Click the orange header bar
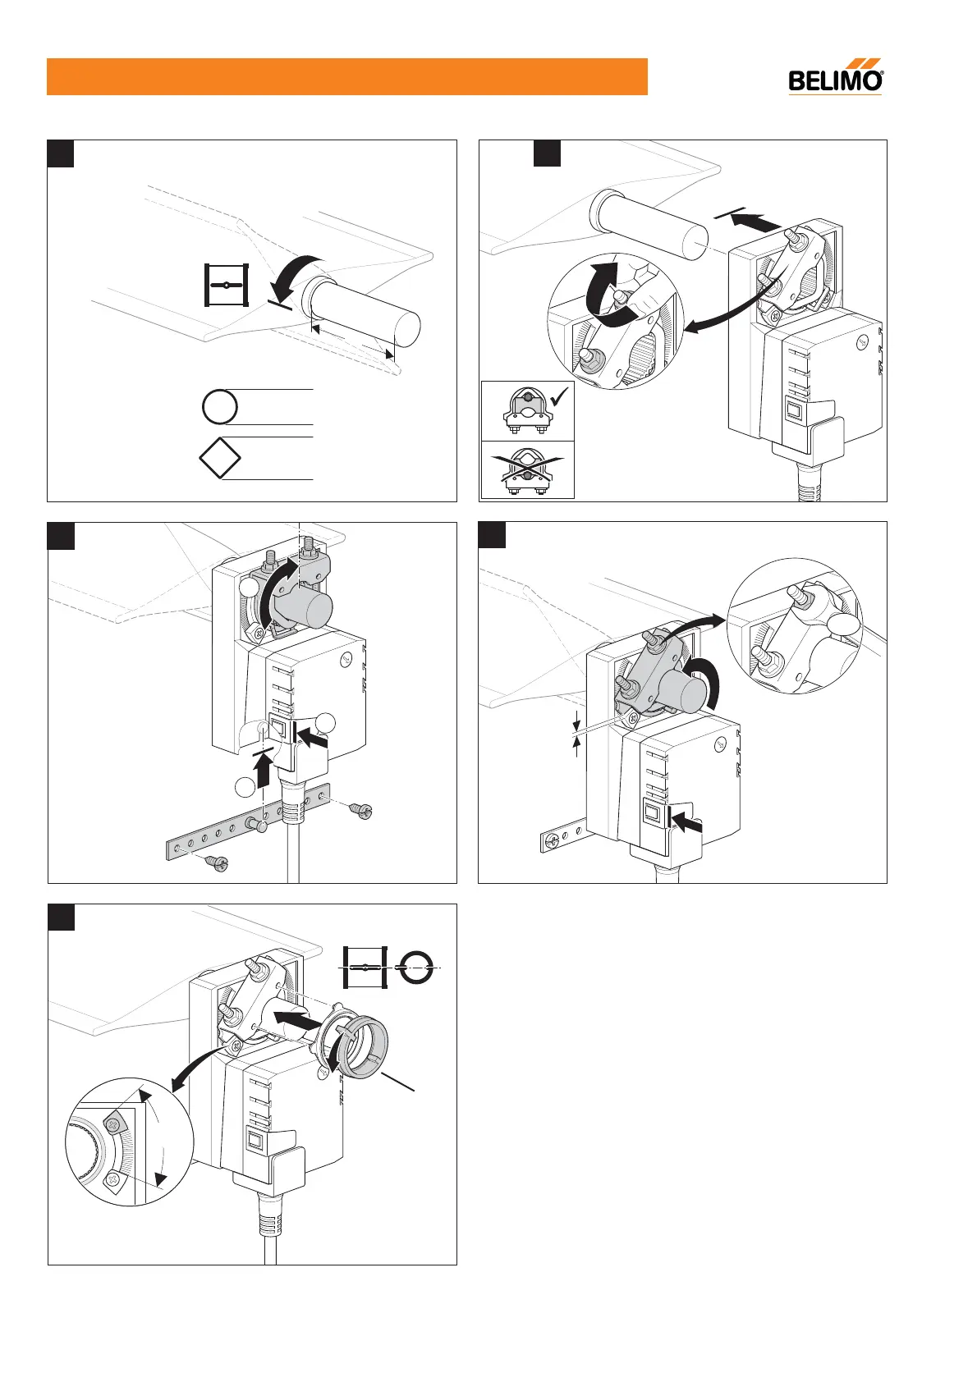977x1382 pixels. pos(346,76)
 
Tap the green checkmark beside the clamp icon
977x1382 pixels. pos(561,399)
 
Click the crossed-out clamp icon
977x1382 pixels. pos(527,470)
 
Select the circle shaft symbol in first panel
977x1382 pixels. pos(219,407)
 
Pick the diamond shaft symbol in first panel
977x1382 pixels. pos(220,457)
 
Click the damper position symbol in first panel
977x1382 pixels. pos(226,285)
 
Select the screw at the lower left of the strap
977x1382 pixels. pos(218,863)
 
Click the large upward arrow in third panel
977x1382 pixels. pos(264,771)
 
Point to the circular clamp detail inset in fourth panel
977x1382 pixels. pos(794,625)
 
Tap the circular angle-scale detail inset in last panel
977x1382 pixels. pos(129,1141)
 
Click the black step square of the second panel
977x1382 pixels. pos(547,153)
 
